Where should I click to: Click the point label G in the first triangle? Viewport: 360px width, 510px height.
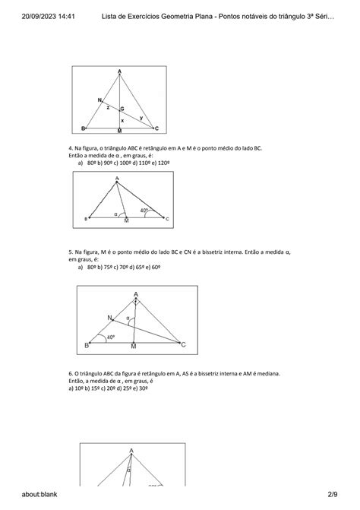tap(122, 109)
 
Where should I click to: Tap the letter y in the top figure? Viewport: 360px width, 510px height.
tap(141, 117)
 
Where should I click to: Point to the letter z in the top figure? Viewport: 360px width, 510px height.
tap(107, 108)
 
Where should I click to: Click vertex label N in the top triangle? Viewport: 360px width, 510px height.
tap(99, 100)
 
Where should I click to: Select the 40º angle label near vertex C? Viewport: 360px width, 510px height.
tap(144, 211)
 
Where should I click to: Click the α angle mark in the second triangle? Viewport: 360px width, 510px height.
tap(116, 214)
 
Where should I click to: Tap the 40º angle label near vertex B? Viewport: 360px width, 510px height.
tap(111, 337)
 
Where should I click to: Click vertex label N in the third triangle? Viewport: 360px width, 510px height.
tap(109, 317)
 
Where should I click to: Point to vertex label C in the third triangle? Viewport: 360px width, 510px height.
tap(182, 345)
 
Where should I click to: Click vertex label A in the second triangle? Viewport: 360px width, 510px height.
tap(117, 179)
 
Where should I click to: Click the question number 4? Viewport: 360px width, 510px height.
tap(70, 147)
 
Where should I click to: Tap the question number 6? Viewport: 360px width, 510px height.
tap(70, 373)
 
